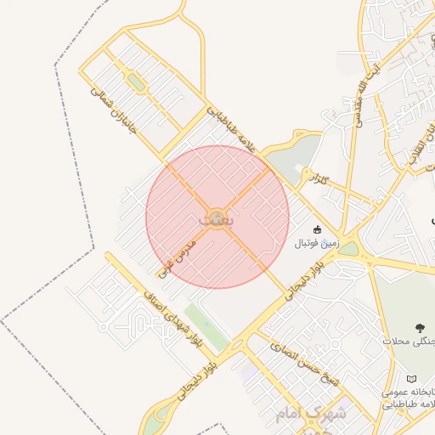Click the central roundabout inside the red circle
pos(217,217)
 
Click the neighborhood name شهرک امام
pos(311,414)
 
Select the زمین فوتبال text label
pos(316,243)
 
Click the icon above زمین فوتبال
pos(317,229)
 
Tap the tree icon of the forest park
pos(419,326)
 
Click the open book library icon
pos(412,376)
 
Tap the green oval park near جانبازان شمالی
pos(135,82)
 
